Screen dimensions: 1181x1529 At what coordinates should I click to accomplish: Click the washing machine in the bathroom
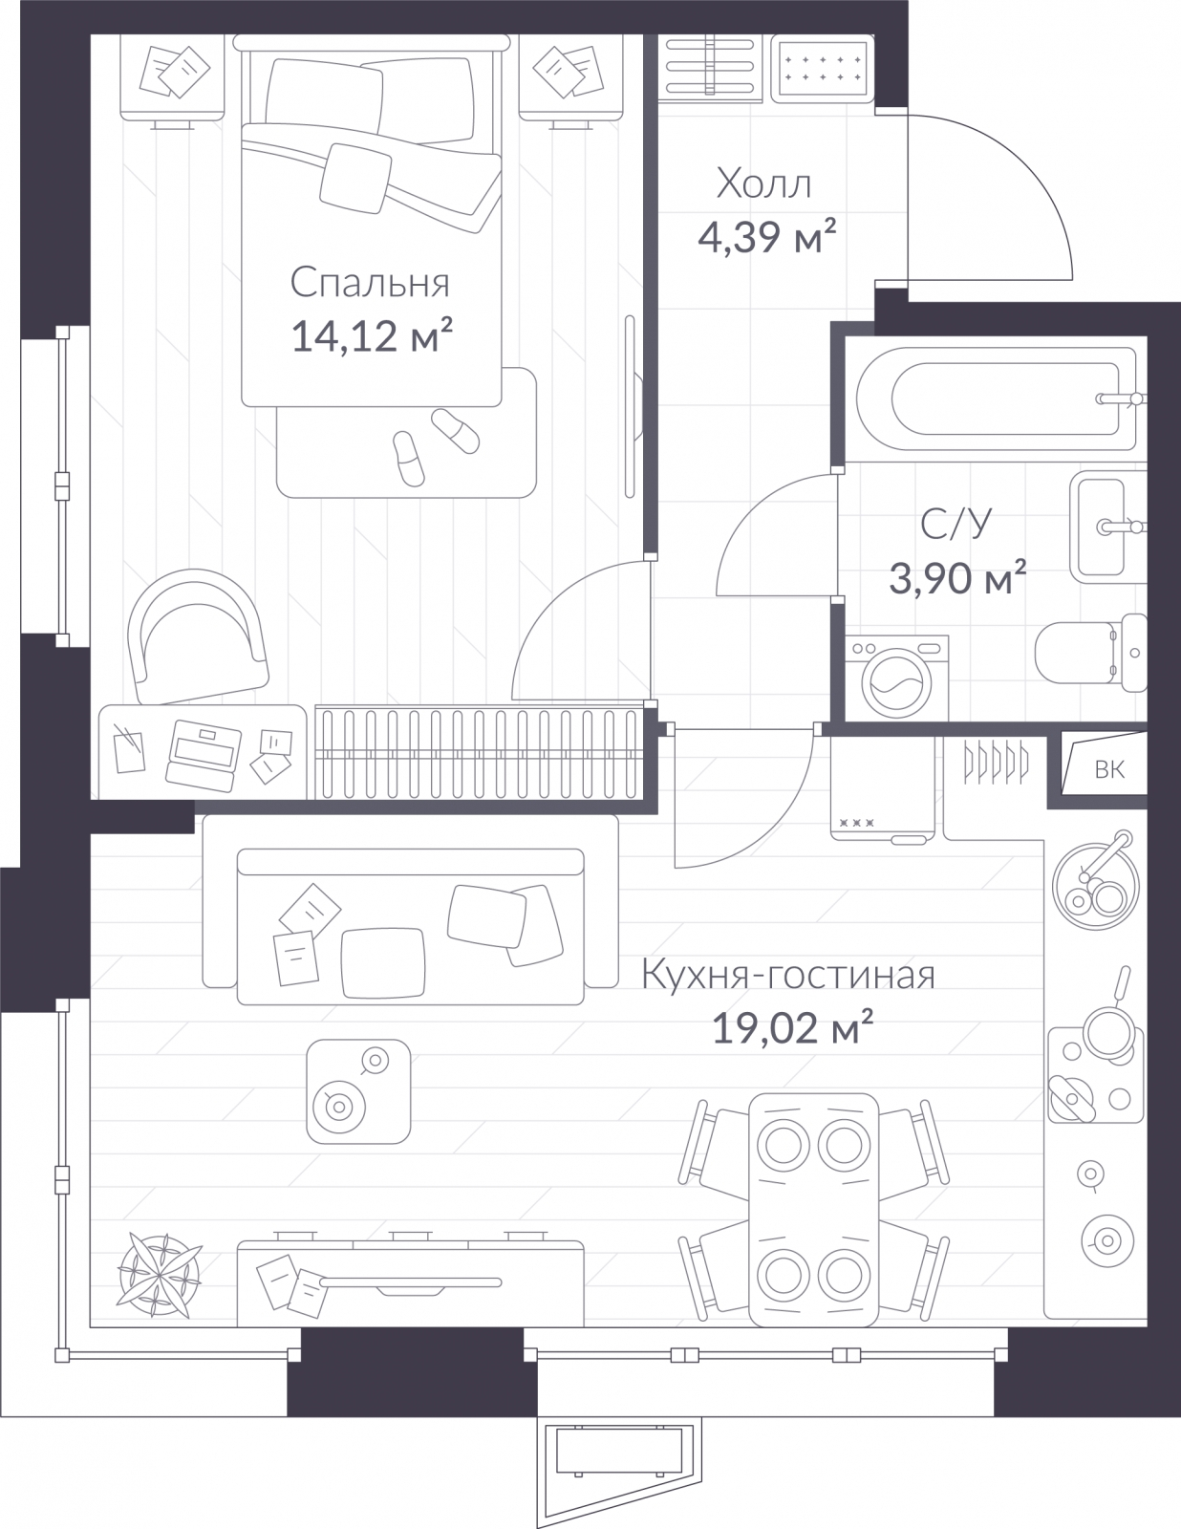click(897, 678)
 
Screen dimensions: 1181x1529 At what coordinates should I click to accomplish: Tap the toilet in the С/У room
click(1091, 653)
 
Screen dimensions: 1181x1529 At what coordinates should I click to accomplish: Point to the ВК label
click(1109, 769)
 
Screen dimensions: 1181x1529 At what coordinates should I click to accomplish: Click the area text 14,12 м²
click(372, 335)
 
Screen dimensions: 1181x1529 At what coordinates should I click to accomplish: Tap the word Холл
click(763, 184)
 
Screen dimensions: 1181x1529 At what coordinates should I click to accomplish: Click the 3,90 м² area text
click(957, 578)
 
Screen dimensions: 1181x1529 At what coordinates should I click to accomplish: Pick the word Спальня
click(370, 283)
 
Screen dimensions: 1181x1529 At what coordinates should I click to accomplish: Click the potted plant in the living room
click(159, 1275)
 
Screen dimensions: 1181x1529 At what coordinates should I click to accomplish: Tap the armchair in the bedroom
click(197, 636)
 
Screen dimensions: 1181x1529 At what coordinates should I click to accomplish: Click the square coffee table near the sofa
click(358, 1091)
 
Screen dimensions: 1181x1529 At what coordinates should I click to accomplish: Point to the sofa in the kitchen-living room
click(411, 910)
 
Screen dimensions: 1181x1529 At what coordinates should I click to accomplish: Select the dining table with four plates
click(814, 1210)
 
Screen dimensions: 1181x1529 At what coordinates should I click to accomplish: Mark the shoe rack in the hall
click(711, 67)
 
